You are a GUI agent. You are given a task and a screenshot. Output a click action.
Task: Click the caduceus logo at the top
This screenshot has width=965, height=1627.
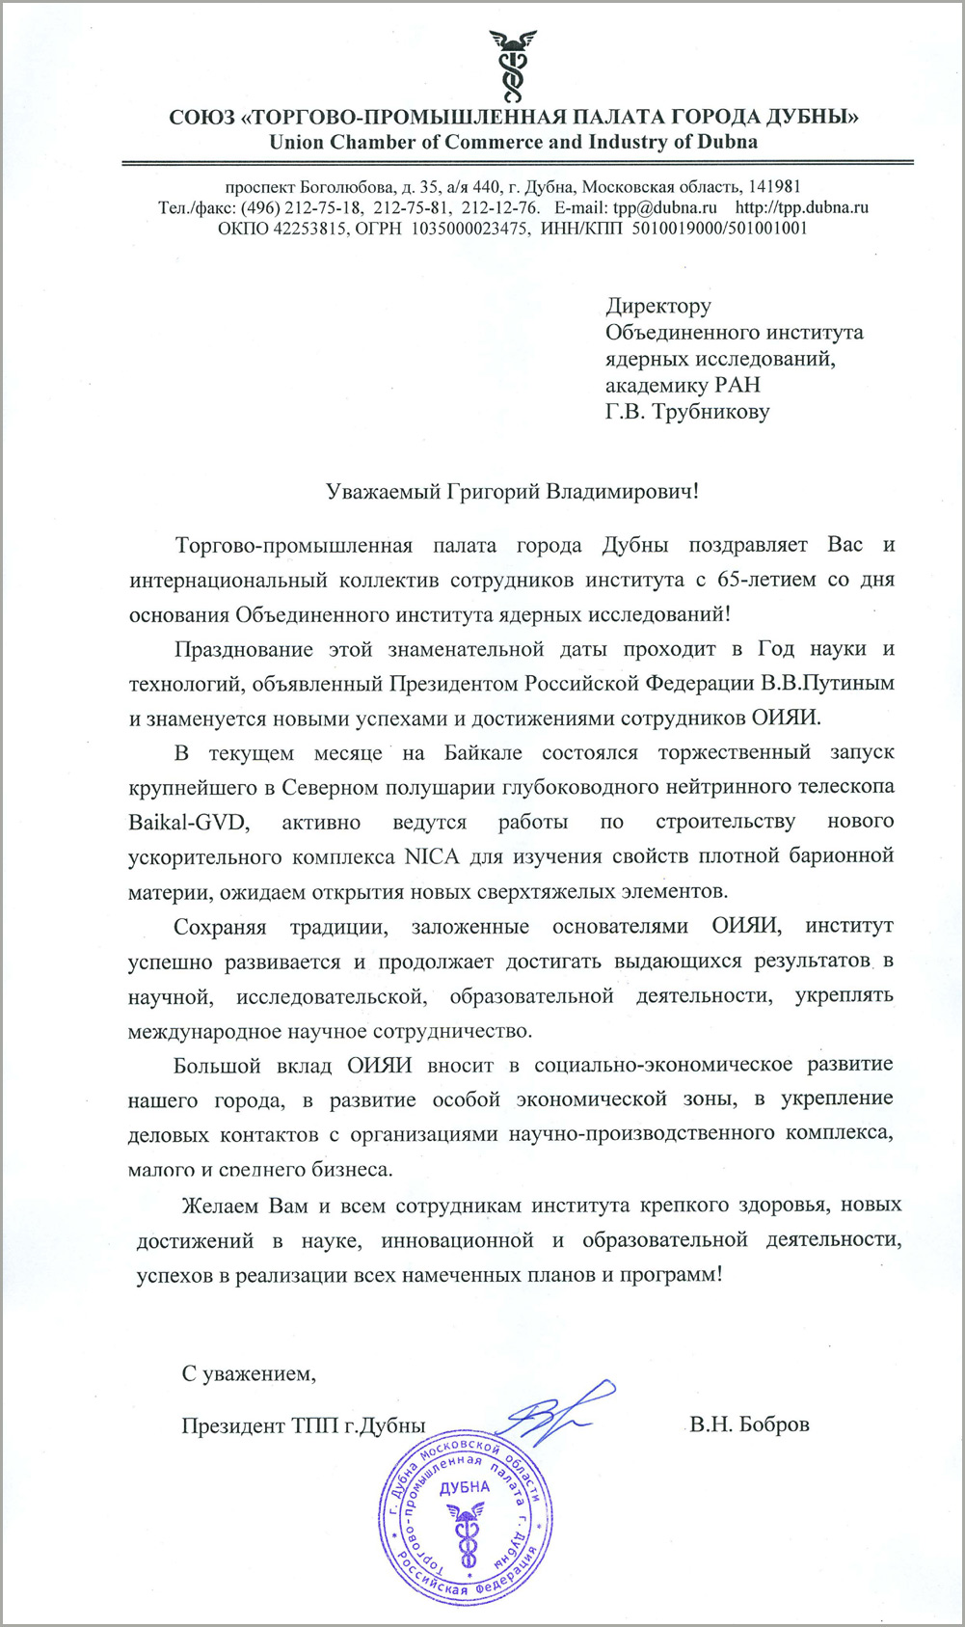coord(512,66)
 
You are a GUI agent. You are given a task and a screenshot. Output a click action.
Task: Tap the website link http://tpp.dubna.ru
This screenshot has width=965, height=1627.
coord(802,207)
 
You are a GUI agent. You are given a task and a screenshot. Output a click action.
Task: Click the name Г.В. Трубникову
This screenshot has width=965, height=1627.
coord(687,412)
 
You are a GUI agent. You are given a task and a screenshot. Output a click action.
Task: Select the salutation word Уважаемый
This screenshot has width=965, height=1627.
coord(384,491)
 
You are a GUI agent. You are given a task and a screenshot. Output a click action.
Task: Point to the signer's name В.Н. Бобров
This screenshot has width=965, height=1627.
coord(749,1424)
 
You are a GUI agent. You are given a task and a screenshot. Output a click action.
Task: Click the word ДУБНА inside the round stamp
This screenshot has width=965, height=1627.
coord(465,1486)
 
